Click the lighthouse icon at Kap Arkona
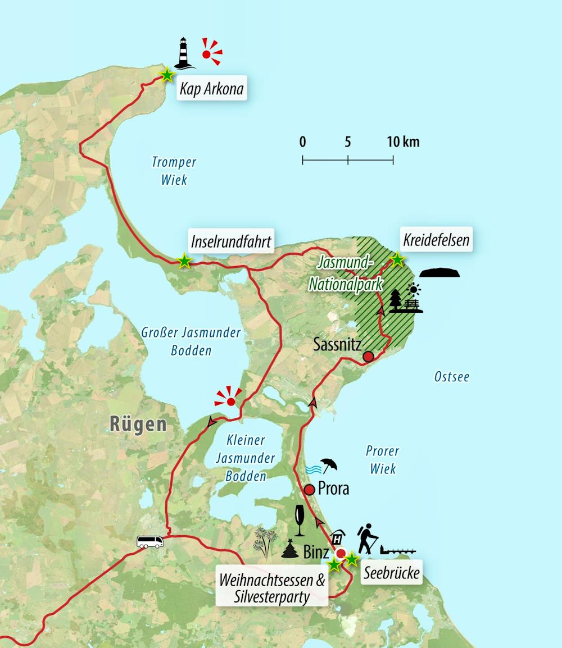click(183, 53)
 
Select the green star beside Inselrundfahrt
click(184, 261)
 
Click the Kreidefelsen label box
click(436, 241)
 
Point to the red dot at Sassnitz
click(368, 356)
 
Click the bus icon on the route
click(150, 541)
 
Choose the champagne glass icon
click(299, 520)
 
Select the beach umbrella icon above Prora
click(329, 466)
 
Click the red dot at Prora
click(309, 490)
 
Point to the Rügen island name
click(139, 424)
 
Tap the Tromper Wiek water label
click(174, 171)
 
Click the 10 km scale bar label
click(403, 142)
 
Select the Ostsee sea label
click(452, 377)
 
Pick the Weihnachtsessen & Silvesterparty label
click(273, 588)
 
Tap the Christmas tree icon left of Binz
click(290, 549)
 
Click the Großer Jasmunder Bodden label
click(191, 341)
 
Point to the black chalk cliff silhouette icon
click(440, 273)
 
